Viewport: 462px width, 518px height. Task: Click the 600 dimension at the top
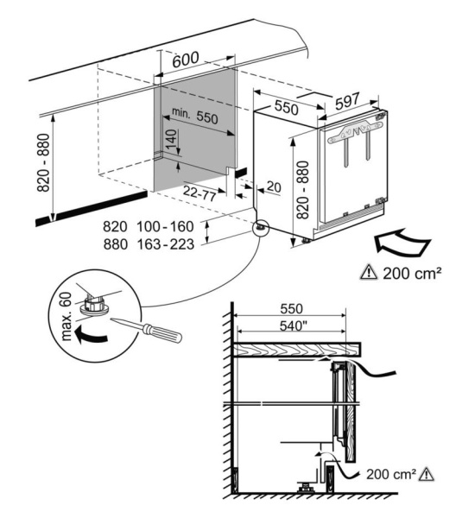click(186, 60)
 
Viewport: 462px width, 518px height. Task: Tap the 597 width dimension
click(347, 101)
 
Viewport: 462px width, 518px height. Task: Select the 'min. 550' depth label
click(195, 116)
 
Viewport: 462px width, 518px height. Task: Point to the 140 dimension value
click(171, 140)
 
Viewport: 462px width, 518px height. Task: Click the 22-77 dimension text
click(199, 193)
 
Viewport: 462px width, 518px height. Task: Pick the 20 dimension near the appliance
click(274, 187)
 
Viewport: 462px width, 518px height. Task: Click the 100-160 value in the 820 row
click(165, 226)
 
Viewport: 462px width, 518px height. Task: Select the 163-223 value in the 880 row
click(165, 244)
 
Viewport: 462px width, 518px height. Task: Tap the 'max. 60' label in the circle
click(66, 317)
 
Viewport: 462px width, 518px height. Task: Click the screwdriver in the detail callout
click(147, 329)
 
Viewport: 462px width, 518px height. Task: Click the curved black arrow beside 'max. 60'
click(91, 335)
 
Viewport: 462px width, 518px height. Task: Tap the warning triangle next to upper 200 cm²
click(369, 273)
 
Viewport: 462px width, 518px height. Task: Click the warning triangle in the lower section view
click(427, 474)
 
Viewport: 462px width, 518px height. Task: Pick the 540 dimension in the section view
click(291, 326)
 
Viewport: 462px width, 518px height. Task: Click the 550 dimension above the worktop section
click(291, 309)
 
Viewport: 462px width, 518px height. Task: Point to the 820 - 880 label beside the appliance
click(302, 190)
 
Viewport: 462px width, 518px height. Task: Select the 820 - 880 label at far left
click(43, 162)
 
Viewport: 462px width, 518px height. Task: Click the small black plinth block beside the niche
click(241, 173)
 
